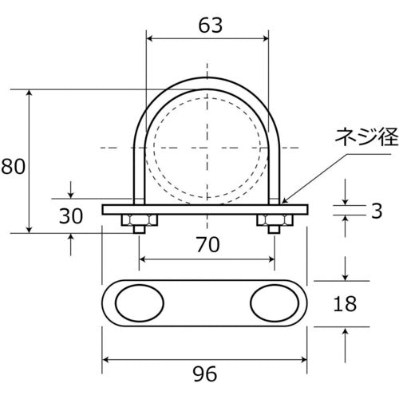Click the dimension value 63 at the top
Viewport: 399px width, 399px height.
pyautogui.click(x=208, y=25)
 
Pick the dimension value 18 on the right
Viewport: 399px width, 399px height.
pyautogui.click(x=345, y=304)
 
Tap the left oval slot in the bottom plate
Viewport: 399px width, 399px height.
pyautogui.click(x=142, y=304)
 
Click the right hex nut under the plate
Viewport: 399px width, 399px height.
pyautogui.click(x=272, y=219)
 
